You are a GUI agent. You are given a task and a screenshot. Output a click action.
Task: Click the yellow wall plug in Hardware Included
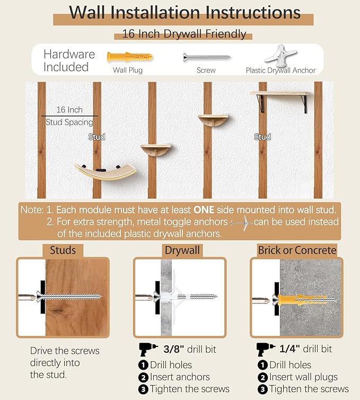point(130,57)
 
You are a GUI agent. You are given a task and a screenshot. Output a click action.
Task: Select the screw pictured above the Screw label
point(207,57)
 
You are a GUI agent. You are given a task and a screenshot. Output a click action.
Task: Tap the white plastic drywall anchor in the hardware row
point(280,55)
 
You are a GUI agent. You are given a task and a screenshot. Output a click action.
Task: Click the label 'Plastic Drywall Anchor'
point(280,71)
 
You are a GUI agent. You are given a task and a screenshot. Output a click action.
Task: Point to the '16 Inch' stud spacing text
point(69,110)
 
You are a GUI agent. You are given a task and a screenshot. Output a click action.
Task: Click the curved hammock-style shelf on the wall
point(106,171)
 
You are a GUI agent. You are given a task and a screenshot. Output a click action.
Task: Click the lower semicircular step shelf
point(156,150)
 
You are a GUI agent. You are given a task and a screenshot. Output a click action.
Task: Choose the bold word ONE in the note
point(204,210)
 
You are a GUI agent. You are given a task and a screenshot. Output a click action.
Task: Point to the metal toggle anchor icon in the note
point(241,223)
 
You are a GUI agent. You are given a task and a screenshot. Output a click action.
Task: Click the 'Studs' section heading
point(63,250)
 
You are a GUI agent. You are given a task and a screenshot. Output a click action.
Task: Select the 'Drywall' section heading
point(182,250)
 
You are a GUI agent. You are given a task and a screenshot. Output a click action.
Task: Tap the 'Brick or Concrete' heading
point(297,250)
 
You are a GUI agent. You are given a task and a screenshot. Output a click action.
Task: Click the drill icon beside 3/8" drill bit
point(148,349)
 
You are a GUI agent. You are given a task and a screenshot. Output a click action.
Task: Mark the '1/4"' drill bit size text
point(289,349)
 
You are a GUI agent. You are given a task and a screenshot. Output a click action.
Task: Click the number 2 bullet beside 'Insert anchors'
point(143,377)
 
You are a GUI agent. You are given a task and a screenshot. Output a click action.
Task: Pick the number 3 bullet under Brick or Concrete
point(262,389)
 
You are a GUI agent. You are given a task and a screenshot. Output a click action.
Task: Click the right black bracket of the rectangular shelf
point(304,104)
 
